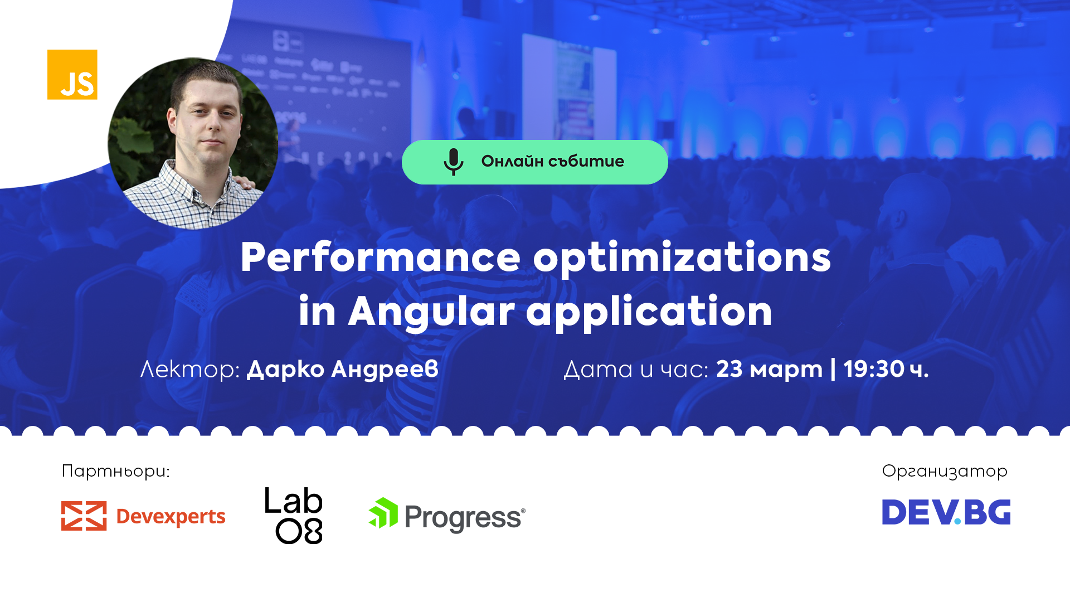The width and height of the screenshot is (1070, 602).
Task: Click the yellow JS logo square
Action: pyautogui.click(x=72, y=75)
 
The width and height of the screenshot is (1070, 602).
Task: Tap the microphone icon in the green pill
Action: pyautogui.click(x=453, y=162)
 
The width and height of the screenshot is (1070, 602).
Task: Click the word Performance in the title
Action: pyautogui.click(x=380, y=258)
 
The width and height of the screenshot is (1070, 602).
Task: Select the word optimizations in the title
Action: pyautogui.click(x=682, y=258)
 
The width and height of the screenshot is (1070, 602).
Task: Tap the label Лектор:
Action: pyautogui.click(x=190, y=369)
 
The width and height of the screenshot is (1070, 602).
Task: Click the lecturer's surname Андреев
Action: pyautogui.click(x=385, y=369)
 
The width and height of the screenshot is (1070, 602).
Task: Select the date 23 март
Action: pyautogui.click(x=769, y=369)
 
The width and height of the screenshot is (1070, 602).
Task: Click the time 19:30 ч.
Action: pyautogui.click(x=886, y=369)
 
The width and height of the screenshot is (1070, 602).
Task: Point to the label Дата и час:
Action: pyautogui.click(x=636, y=369)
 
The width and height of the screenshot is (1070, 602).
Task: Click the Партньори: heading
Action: pyautogui.click(x=115, y=471)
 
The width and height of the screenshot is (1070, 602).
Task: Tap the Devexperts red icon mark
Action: pyautogui.click(x=84, y=516)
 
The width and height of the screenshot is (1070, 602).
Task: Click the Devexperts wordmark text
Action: pyautogui.click(x=171, y=517)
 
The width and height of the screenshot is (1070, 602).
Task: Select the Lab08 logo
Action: pyautogui.click(x=294, y=516)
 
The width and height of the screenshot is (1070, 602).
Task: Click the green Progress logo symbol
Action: pyautogui.click(x=383, y=513)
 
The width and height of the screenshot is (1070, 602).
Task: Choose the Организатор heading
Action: pyautogui.click(x=945, y=472)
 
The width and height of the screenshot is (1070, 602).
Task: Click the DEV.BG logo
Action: pyautogui.click(x=946, y=512)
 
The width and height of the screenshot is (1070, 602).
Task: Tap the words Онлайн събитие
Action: pyautogui.click(x=552, y=162)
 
